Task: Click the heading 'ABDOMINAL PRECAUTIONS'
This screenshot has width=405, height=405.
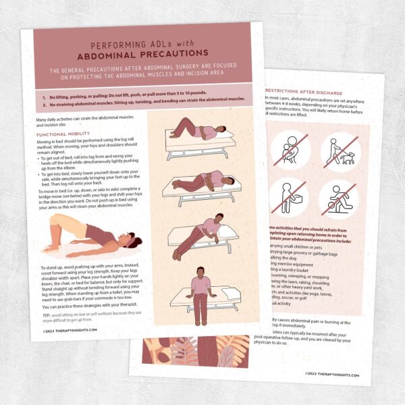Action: tap(142, 53)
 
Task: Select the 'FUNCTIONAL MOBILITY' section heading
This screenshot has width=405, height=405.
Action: tap(65, 134)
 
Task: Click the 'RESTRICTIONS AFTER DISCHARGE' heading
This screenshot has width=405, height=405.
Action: tap(303, 92)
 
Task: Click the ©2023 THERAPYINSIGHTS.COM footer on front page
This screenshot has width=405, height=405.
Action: tap(70, 331)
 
